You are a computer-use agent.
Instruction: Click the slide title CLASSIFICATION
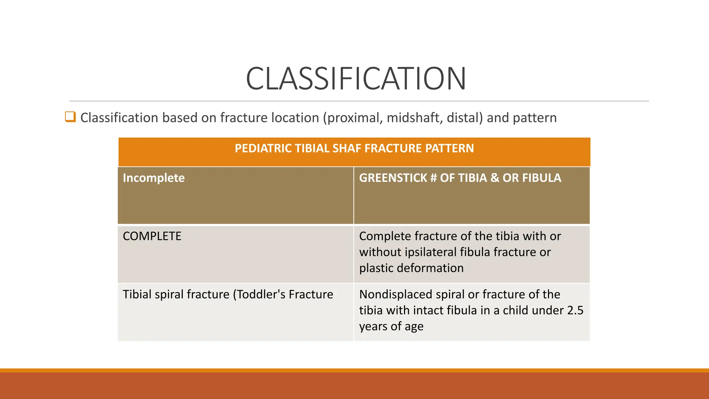click(356, 79)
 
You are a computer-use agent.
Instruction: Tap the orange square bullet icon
click(70, 117)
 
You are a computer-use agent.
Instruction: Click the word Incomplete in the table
click(154, 178)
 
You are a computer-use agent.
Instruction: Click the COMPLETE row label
click(152, 236)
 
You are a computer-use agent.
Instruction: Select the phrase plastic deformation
click(411, 268)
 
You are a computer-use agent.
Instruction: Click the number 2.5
click(575, 311)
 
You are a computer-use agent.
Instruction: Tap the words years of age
click(391, 327)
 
